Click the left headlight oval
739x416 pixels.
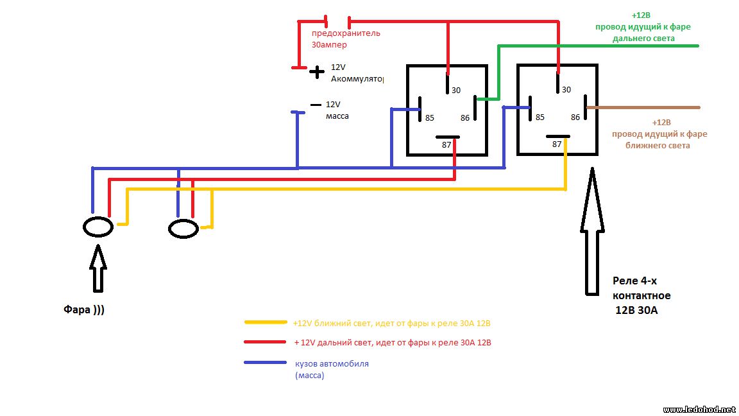tap(83, 227)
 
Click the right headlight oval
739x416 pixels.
tap(169, 229)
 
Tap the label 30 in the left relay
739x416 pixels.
tap(455, 90)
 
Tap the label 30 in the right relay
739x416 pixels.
tap(566, 90)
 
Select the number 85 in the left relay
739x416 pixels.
tap(429, 118)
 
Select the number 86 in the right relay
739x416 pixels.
tap(575, 117)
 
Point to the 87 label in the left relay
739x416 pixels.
tap(446, 145)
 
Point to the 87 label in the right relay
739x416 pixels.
tap(557, 144)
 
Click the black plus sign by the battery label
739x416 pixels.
tap(317, 72)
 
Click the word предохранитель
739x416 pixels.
tap(346, 33)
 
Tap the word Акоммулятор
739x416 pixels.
tap(357, 79)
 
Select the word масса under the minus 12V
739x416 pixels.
tap(337, 116)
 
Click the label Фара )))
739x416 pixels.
tap(84, 309)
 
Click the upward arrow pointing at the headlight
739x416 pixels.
tap(98, 268)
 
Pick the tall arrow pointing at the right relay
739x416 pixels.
tap(592, 231)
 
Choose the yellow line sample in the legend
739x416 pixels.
tap(266, 323)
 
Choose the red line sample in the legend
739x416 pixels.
tap(265, 342)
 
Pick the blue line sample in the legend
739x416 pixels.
tap(266, 363)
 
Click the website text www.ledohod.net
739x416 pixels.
tap(699, 410)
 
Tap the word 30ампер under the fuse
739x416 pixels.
tap(329, 45)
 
